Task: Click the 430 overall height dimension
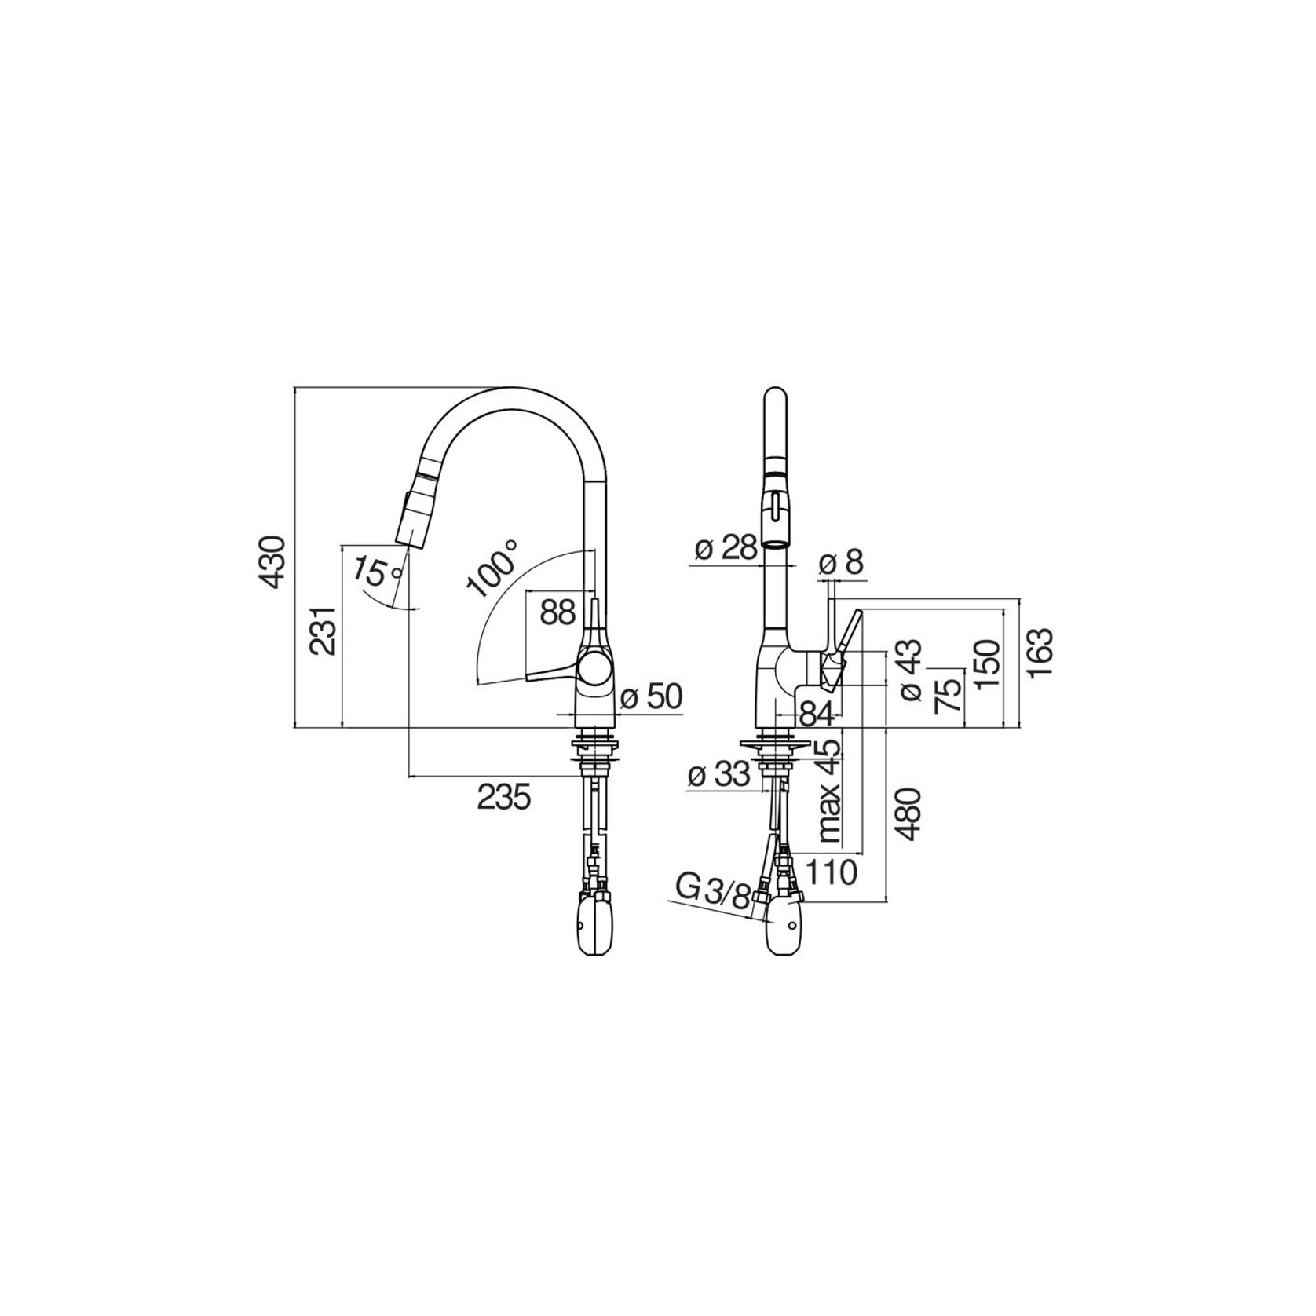[272, 561]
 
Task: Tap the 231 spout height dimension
[323, 630]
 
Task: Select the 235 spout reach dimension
[504, 797]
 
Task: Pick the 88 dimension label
[557, 612]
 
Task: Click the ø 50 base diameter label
[651, 696]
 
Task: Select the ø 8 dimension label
[841, 562]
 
